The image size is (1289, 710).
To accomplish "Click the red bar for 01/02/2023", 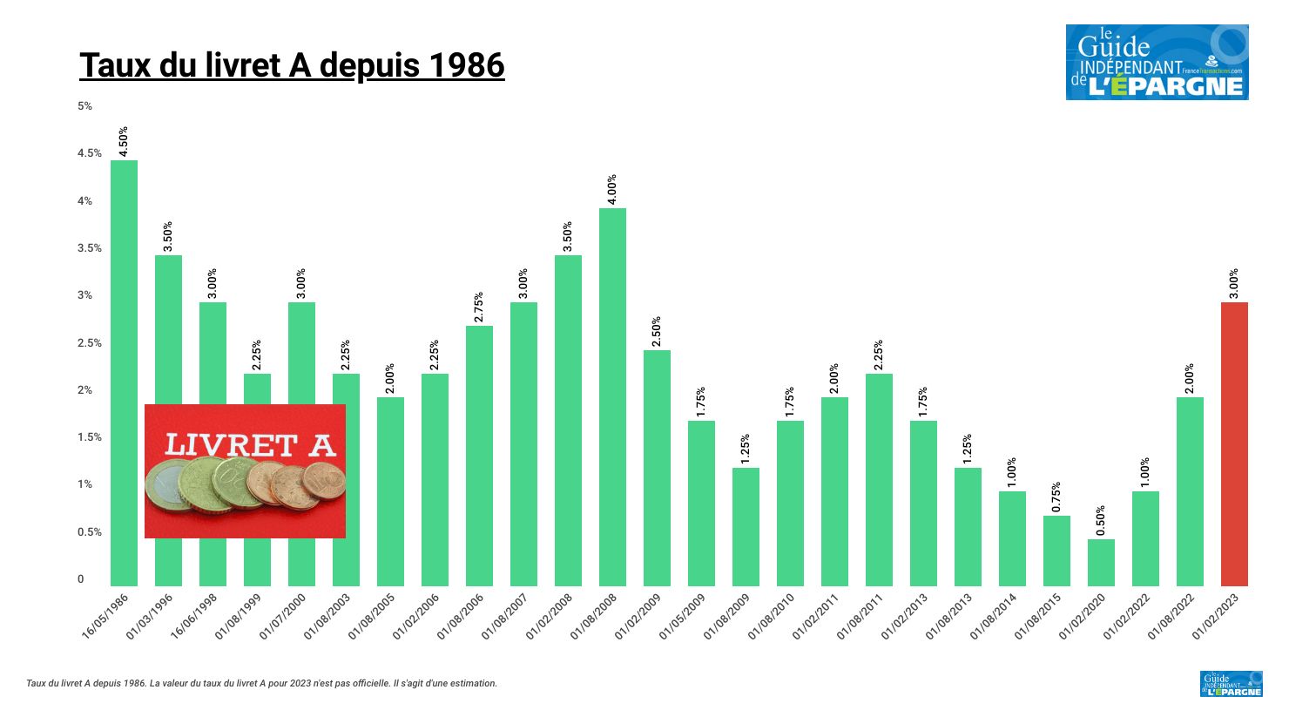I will coord(1234,444).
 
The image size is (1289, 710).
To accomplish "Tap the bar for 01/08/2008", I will coord(612,396).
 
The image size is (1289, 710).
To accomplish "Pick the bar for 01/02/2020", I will coord(1101,563).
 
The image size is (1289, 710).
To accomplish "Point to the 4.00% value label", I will coord(611,189).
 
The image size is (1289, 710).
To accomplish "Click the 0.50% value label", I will coord(1101,520).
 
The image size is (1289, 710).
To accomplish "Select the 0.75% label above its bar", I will coord(1056,497).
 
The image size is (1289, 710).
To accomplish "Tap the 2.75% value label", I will coord(479,307).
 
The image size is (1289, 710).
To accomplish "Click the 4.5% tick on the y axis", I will coord(90,153).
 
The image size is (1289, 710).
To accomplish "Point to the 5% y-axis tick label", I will coord(84,106).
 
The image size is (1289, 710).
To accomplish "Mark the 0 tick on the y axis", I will coord(81,579).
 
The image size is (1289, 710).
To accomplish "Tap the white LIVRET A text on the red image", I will coord(249,445).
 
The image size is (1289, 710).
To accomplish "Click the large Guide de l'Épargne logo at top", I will coord(1157,62).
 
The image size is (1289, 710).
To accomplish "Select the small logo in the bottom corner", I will coord(1231,684).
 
